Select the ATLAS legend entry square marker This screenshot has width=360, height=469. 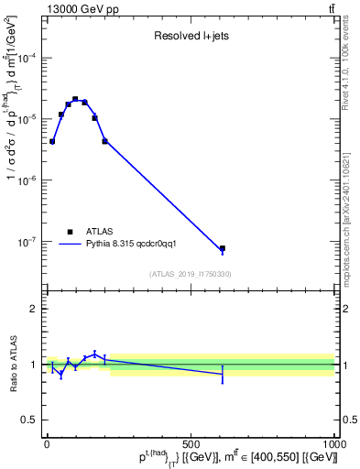pos(70,232)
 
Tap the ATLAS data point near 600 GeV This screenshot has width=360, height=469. pos(223,248)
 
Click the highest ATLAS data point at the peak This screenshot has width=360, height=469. pos(75,99)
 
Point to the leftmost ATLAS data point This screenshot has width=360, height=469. pos(52,141)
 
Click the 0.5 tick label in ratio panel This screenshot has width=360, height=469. pos(28,420)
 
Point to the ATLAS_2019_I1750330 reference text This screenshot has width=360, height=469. pos(191,274)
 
